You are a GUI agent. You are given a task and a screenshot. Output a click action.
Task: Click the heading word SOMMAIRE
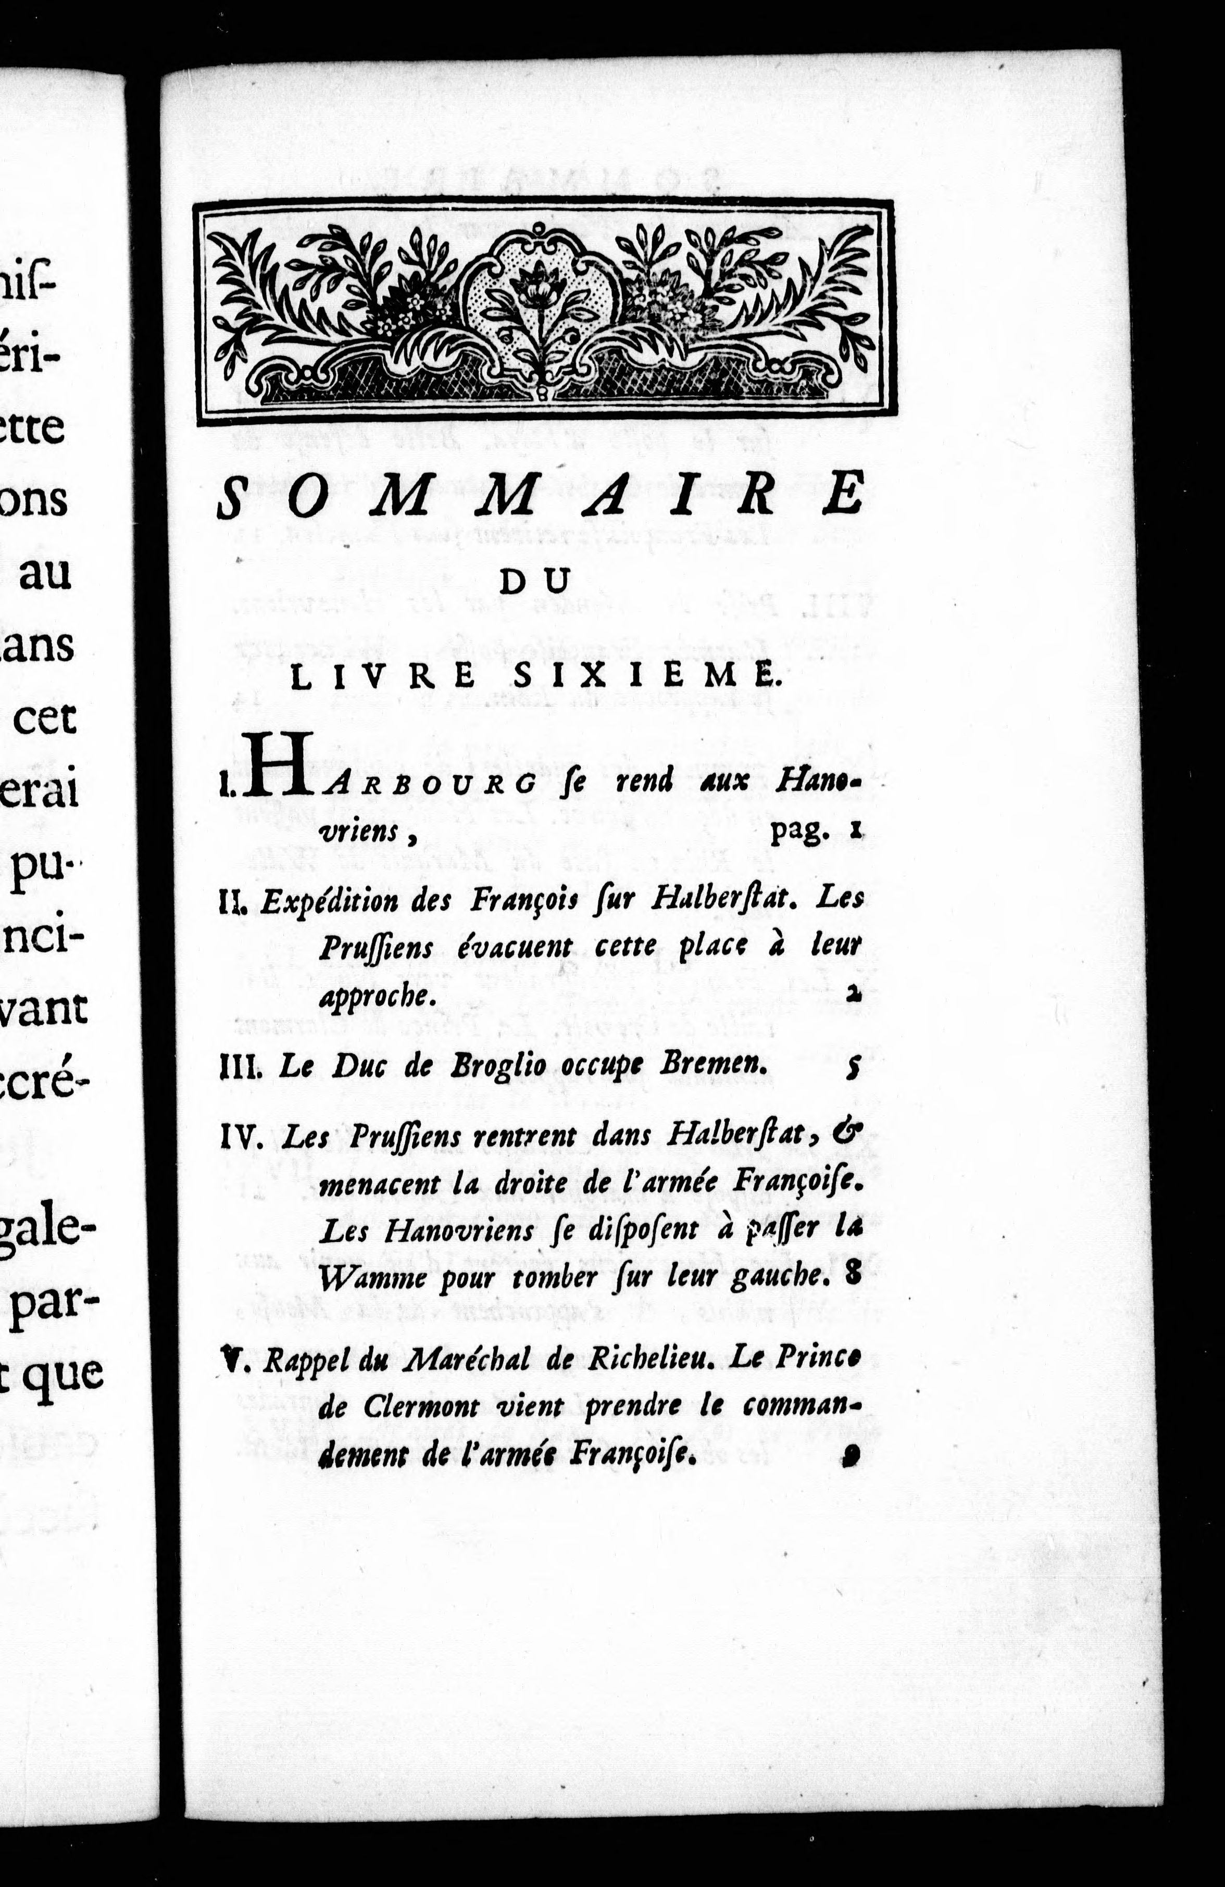click(539, 499)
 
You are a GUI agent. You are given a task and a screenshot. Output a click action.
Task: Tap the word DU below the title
click(535, 581)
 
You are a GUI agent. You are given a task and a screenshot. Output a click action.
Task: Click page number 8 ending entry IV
click(853, 1274)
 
